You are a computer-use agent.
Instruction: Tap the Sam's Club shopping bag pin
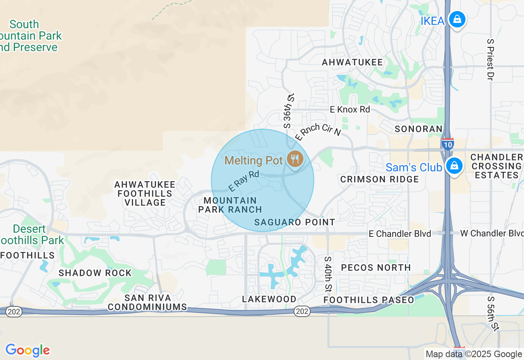(x=454, y=166)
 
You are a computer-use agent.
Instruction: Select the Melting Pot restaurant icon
(x=294, y=159)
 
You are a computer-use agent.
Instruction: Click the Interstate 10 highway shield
(x=447, y=144)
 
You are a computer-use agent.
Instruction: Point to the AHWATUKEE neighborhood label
(x=352, y=62)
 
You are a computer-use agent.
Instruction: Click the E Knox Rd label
(x=350, y=109)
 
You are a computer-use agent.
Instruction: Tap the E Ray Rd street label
(x=244, y=181)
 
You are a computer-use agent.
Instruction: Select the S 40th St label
(x=327, y=274)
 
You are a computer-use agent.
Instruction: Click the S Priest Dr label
(x=490, y=59)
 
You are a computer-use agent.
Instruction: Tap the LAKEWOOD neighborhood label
(x=269, y=299)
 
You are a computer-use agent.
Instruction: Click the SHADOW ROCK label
(x=95, y=273)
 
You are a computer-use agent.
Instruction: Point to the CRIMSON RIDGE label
(x=379, y=179)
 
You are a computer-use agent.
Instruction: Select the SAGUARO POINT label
(x=295, y=222)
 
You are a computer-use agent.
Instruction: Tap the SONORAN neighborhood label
(x=418, y=129)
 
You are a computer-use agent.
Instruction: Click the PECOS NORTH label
(x=376, y=268)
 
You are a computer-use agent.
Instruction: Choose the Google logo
(x=27, y=350)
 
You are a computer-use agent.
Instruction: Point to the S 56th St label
(x=493, y=313)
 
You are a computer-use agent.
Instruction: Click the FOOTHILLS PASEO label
(x=369, y=300)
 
